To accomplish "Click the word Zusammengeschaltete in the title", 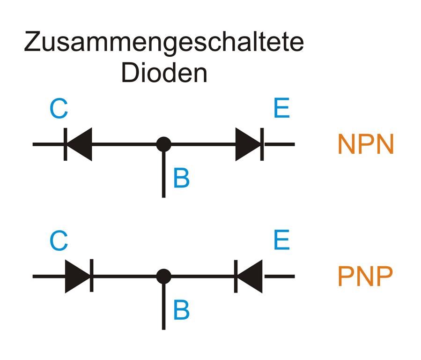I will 164,43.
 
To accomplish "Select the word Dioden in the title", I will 164,73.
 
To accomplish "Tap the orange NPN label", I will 366,144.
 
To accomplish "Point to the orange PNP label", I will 365,277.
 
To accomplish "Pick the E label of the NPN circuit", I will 281,109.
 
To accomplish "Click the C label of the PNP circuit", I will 59,241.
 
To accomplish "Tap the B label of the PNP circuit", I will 181,310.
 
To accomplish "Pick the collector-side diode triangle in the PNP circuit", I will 76,276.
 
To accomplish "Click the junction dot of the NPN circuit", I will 163,144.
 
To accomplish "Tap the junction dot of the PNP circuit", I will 163,276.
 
